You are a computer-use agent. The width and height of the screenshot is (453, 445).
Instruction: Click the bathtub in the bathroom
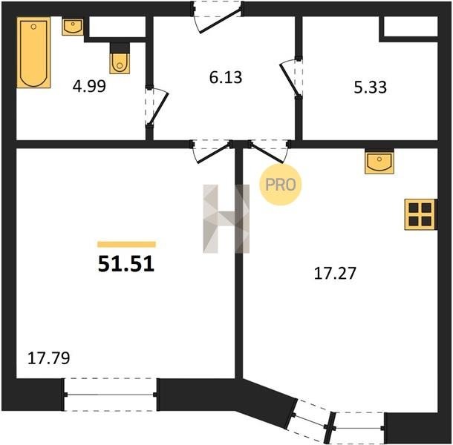click(x=33, y=52)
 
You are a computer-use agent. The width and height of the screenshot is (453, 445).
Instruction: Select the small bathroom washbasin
click(x=73, y=27)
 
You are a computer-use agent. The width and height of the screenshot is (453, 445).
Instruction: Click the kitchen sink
click(x=379, y=162)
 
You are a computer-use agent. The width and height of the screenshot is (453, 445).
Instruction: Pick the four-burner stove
click(x=420, y=214)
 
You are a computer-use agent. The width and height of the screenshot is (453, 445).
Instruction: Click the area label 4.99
click(x=89, y=86)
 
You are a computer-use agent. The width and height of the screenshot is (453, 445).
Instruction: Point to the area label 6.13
click(x=226, y=77)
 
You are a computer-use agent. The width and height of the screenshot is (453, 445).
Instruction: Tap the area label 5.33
click(x=370, y=88)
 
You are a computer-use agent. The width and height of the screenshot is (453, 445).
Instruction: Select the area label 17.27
click(x=335, y=273)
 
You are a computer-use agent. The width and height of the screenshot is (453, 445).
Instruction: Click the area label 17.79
click(x=48, y=358)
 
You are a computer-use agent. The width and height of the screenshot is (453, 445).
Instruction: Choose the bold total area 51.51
click(x=126, y=264)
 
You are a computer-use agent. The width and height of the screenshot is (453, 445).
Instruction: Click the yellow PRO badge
click(x=281, y=185)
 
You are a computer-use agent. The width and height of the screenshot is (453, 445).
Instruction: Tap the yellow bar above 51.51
click(x=126, y=245)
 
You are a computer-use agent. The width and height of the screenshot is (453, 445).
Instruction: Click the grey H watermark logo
click(x=226, y=219)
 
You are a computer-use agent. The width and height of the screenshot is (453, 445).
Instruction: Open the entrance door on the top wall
click(x=218, y=17)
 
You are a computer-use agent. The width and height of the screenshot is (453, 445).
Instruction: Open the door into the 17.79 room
click(x=212, y=151)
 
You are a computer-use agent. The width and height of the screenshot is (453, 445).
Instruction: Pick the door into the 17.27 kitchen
click(x=270, y=151)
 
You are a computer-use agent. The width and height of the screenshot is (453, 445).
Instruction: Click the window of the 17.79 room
click(x=111, y=395)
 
